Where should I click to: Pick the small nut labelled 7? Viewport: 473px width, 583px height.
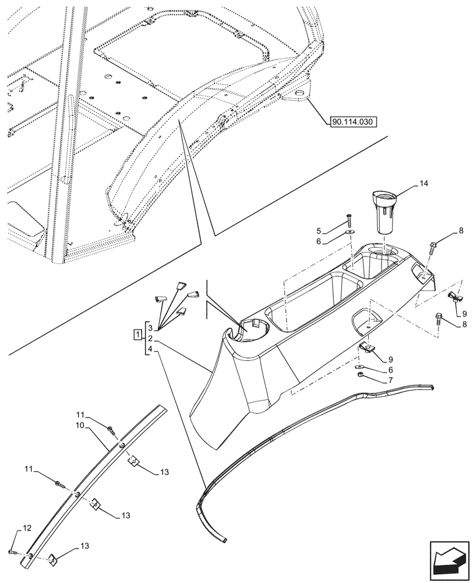coord(361,375)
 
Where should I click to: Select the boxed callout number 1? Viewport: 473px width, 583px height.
coord(136,335)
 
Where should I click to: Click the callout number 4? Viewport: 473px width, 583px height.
coord(150,349)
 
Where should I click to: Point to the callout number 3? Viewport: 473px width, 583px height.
coord(150,327)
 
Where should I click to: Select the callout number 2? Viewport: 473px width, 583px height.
coord(150,338)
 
